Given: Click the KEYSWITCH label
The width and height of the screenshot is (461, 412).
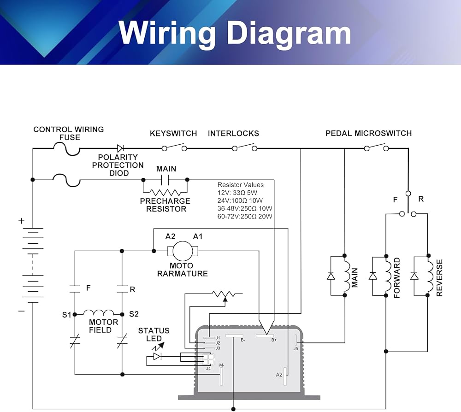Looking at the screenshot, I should [173, 134].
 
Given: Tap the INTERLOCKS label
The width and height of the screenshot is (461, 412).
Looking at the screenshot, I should [233, 134].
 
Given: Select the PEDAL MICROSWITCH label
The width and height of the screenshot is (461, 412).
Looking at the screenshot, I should [368, 134].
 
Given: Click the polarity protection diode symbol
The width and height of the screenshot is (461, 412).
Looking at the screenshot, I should [121, 148].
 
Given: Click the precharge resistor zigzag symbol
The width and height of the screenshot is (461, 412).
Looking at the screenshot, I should [165, 192].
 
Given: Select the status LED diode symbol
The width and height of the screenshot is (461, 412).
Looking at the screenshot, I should [157, 357].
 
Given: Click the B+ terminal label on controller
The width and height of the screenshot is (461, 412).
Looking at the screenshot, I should [274, 340].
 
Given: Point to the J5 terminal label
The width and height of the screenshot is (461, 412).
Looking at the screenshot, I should [296, 349].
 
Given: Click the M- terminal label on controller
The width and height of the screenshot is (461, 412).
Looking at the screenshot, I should [222, 365].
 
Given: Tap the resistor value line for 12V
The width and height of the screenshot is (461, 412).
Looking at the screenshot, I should [238, 193].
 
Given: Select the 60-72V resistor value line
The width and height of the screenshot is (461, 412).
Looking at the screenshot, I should [245, 216].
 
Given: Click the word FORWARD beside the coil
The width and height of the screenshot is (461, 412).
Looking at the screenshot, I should [396, 278].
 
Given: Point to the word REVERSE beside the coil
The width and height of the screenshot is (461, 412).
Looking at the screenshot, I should [439, 277].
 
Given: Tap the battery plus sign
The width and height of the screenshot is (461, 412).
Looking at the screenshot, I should [21, 221].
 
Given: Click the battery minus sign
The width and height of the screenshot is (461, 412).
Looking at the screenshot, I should [21, 311].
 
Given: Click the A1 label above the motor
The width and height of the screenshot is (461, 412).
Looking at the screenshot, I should [198, 236].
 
